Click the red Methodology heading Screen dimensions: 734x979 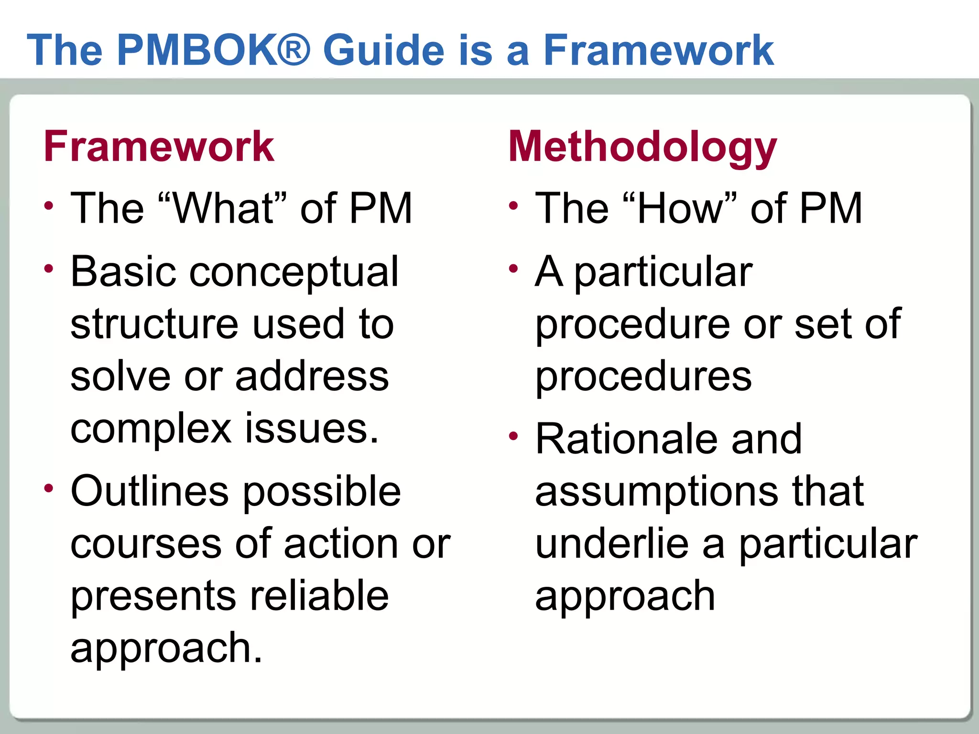pos(642,147)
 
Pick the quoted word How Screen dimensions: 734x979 pos(683,208)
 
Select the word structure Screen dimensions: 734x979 pos(154,324)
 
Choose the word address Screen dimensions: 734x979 pos(312,376)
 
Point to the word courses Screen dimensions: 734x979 pos(146,544)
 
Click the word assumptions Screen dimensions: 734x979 pos(655,492)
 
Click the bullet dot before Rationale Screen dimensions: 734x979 pos(514,436)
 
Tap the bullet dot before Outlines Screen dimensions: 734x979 pos(49,488)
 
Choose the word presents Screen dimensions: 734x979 pos(153,596)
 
